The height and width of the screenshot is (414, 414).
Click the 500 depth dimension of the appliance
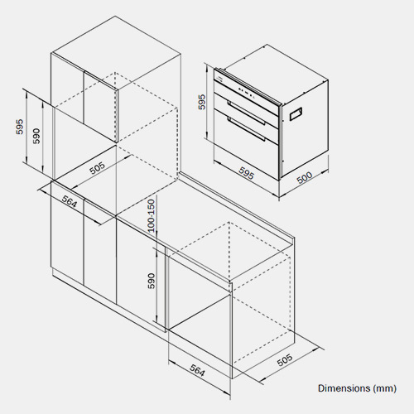[305, 177]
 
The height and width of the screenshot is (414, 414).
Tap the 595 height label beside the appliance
[202, 102]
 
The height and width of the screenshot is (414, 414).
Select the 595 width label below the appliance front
[246, 173]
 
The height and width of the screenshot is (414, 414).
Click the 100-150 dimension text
[152, 215]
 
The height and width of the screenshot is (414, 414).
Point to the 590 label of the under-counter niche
[152, 281]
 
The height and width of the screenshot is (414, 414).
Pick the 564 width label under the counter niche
[198, 370]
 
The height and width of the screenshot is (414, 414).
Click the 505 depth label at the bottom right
[285, 360]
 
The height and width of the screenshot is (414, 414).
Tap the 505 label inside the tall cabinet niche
[98, 168]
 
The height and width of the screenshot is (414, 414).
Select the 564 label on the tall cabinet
[69, 201]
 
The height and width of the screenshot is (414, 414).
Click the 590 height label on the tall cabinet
[36, 136]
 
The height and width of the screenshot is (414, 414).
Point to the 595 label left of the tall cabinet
[19, 127]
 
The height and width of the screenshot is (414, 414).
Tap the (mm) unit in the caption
[384, 388]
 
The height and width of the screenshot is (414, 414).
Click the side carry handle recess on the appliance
[296, 113]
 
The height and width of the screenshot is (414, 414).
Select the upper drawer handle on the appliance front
[246, 112]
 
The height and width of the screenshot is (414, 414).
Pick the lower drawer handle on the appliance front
[246, 128]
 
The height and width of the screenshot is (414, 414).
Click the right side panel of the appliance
[305, 129]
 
